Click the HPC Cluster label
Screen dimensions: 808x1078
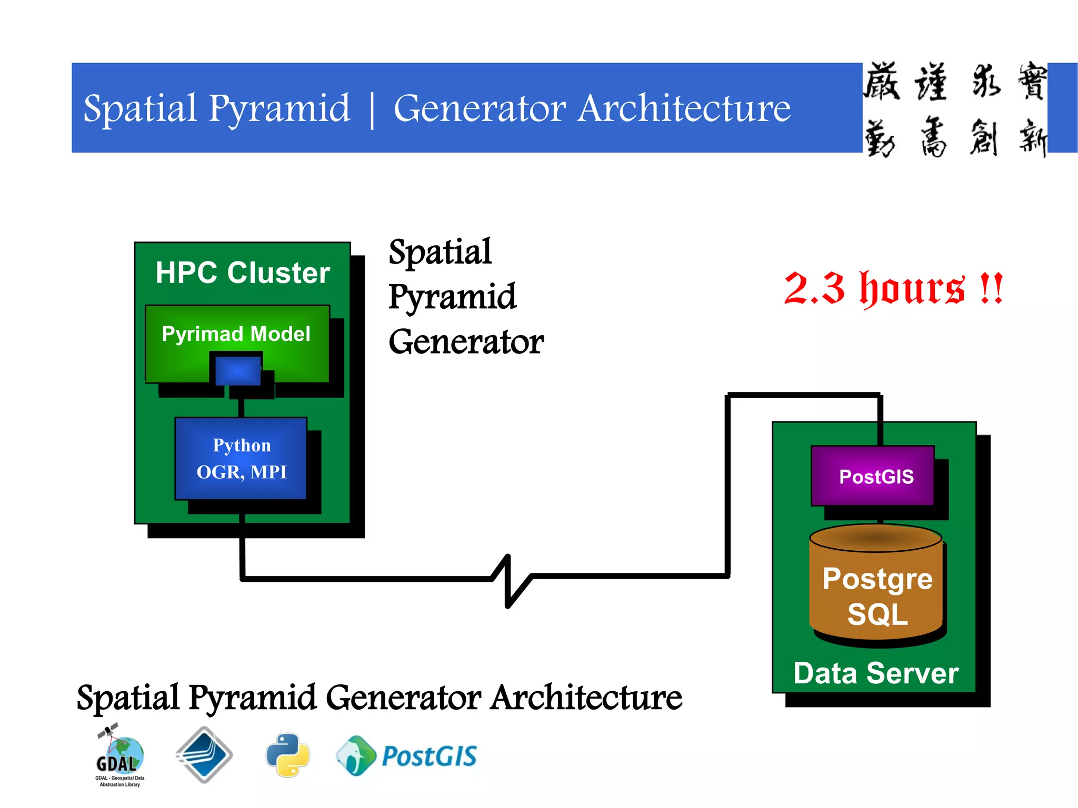(x=242, y=273)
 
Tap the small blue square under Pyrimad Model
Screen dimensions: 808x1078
(x=238, y=371)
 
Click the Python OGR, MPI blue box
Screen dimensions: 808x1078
(x=241, y=458)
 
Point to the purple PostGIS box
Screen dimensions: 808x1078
(x=873, y=476)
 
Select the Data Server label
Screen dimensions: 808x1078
(x=875, y=673)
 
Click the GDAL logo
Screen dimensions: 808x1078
(x=119, y=755)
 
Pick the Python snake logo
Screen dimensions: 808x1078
(x=288, y=755)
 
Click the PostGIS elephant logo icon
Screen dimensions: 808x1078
(x=356, y=755)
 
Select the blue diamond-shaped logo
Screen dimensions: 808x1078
(x=204, y=754)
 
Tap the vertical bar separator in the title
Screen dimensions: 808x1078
(x=372, y=109)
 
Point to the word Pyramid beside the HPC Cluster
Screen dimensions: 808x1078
(x=452, y=297)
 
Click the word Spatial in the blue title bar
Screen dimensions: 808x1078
(x=140, y=108)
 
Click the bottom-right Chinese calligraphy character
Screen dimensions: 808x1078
(x=1032, y=138)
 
